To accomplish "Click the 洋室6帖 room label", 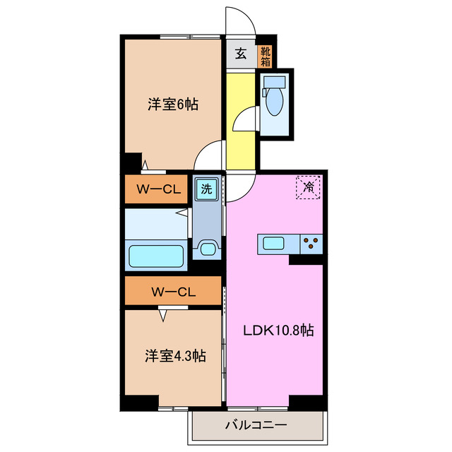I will (x=172, y=105).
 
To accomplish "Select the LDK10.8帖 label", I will (x=279, y=331).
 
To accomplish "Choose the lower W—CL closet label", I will (x=172, y=291).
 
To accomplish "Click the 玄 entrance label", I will (x=241, y=54).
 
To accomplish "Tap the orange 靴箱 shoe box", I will (x=264, y=54).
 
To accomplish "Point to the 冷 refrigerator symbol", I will (x=309, y=187).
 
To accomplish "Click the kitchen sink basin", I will (x=274, y=244).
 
